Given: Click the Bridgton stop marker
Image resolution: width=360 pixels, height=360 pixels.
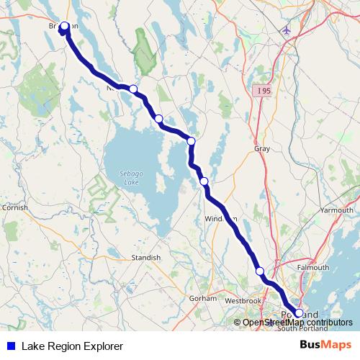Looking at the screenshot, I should (64, 27).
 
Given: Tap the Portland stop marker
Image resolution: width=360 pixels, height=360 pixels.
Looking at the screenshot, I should (299, 313).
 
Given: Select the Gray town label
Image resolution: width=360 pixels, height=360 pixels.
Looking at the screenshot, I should (261, 148).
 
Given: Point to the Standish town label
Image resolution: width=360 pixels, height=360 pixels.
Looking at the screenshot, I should (146, 256).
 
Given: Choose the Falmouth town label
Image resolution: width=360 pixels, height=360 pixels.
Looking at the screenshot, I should (313, 267).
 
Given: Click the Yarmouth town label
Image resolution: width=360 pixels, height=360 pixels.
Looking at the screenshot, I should (336, 210).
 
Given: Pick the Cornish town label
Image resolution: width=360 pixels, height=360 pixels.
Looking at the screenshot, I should (14, 207).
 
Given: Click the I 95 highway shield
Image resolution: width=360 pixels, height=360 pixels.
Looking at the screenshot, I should (262, 91).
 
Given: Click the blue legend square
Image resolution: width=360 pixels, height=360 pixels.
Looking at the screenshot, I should (10, 346).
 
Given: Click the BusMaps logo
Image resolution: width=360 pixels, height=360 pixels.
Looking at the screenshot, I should (325, 346).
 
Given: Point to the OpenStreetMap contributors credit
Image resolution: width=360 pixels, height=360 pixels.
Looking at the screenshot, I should (297, 323).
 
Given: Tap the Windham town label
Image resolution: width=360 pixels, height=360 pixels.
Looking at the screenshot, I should (220, 218).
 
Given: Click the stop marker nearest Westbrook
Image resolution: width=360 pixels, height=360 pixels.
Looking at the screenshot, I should (260, 271).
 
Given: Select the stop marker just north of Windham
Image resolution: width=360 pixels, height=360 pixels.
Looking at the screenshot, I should (204, 181).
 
